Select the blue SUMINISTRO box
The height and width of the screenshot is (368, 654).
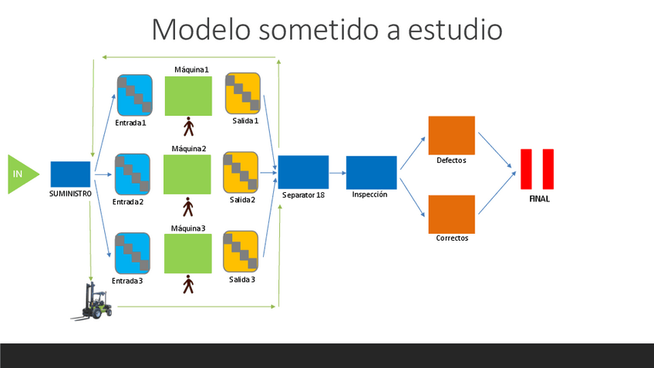(70, 174)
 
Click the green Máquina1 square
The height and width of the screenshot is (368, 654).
(188, 95)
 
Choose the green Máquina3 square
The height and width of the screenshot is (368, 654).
(187, 253)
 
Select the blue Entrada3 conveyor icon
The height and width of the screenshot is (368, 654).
(133, 253)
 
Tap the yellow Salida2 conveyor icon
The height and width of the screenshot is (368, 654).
(241, 173)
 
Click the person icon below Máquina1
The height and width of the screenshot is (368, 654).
(188, 125)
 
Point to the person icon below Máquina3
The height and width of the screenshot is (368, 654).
(188, 285)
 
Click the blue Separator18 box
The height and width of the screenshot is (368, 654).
(303, 172)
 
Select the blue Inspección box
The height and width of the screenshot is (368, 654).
(371, 172)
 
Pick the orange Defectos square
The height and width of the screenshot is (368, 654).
(451, 135)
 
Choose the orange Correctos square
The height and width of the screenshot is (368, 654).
(451, 214)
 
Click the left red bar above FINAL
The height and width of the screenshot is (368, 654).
(527, 169)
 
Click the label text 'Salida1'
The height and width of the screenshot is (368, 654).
(245, 121)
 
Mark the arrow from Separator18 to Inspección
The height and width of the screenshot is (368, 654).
(337, 174)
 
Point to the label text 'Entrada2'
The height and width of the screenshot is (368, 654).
(128, 202)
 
